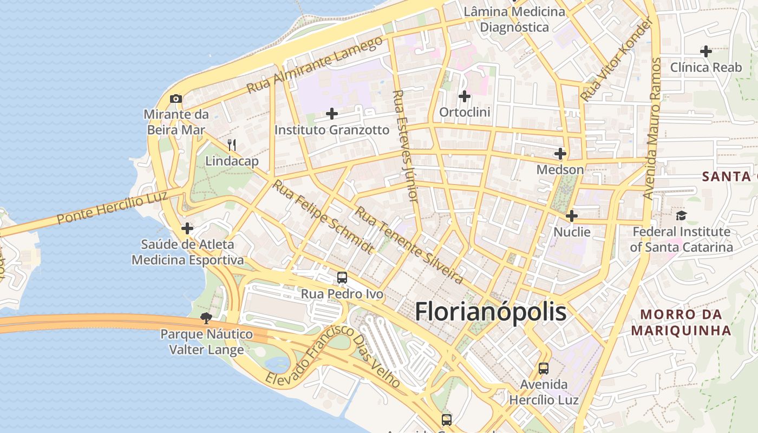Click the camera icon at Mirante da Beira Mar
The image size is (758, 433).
tap(176, 99)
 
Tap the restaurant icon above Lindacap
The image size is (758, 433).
tap(232, 145)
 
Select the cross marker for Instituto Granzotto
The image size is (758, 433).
tap(332, 114)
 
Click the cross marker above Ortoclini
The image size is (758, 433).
tap(464, 96)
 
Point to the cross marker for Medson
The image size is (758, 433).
tap(560, 154)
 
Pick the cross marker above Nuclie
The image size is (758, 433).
tap(571, 216)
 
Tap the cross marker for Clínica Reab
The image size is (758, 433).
tap(706, 51)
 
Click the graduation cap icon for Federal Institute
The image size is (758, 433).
tap(681, 215)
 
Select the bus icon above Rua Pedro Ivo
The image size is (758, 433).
tap(342, 278)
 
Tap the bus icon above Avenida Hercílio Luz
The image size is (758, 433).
tap(544, 369)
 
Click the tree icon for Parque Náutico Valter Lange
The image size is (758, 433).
tap(206, 318)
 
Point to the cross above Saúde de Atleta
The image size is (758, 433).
tap(187, 228)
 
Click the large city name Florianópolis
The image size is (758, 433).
tap(491, 312)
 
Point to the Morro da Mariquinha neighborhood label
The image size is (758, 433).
tap(681, 322)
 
